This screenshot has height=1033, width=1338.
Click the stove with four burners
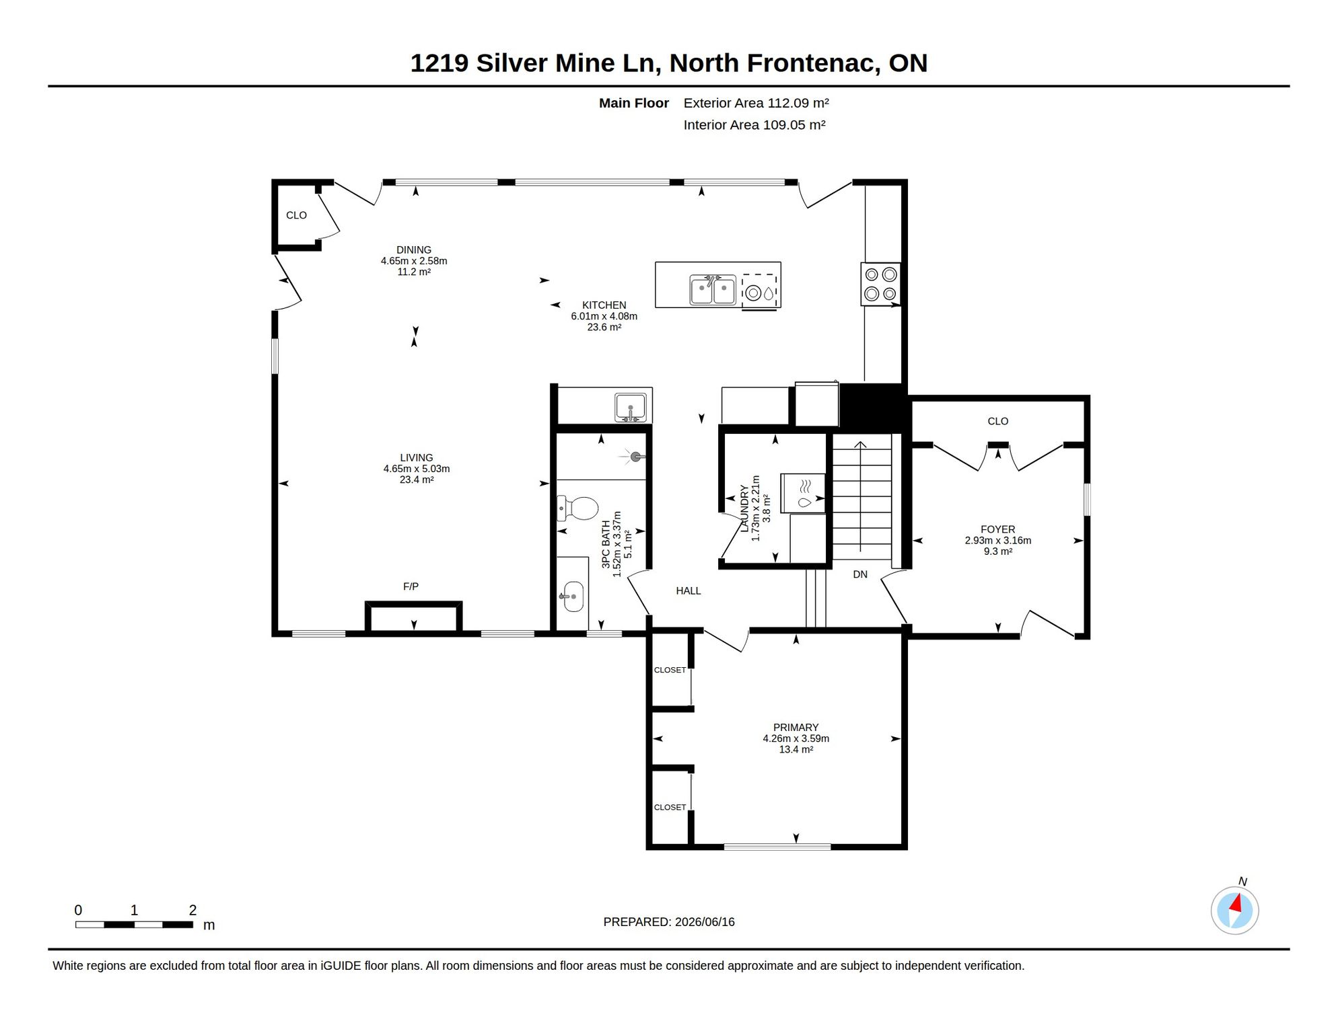[880, 284]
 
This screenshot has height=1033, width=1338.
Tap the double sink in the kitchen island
[713, 290]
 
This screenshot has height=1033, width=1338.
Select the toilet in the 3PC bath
[577, 508]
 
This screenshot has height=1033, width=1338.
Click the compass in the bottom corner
[1234, 910]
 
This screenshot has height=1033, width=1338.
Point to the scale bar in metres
[135, 925]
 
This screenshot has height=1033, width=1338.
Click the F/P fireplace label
[411, 586]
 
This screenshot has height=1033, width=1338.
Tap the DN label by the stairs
[860, 574]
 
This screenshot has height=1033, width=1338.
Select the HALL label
[689, 590]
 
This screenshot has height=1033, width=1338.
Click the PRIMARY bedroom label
[796, 727]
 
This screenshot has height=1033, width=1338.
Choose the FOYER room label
[997, 529]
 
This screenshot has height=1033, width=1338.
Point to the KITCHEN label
[604, 305]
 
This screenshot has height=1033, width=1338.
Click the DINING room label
[413, 250]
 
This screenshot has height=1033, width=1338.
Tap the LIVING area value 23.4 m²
[417, 480]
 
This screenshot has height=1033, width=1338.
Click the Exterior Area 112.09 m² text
[756, 103]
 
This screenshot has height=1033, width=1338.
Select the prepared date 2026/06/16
[705, 921]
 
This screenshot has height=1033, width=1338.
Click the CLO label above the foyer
[997, 421]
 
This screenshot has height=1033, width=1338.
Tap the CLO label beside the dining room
[296, 215]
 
